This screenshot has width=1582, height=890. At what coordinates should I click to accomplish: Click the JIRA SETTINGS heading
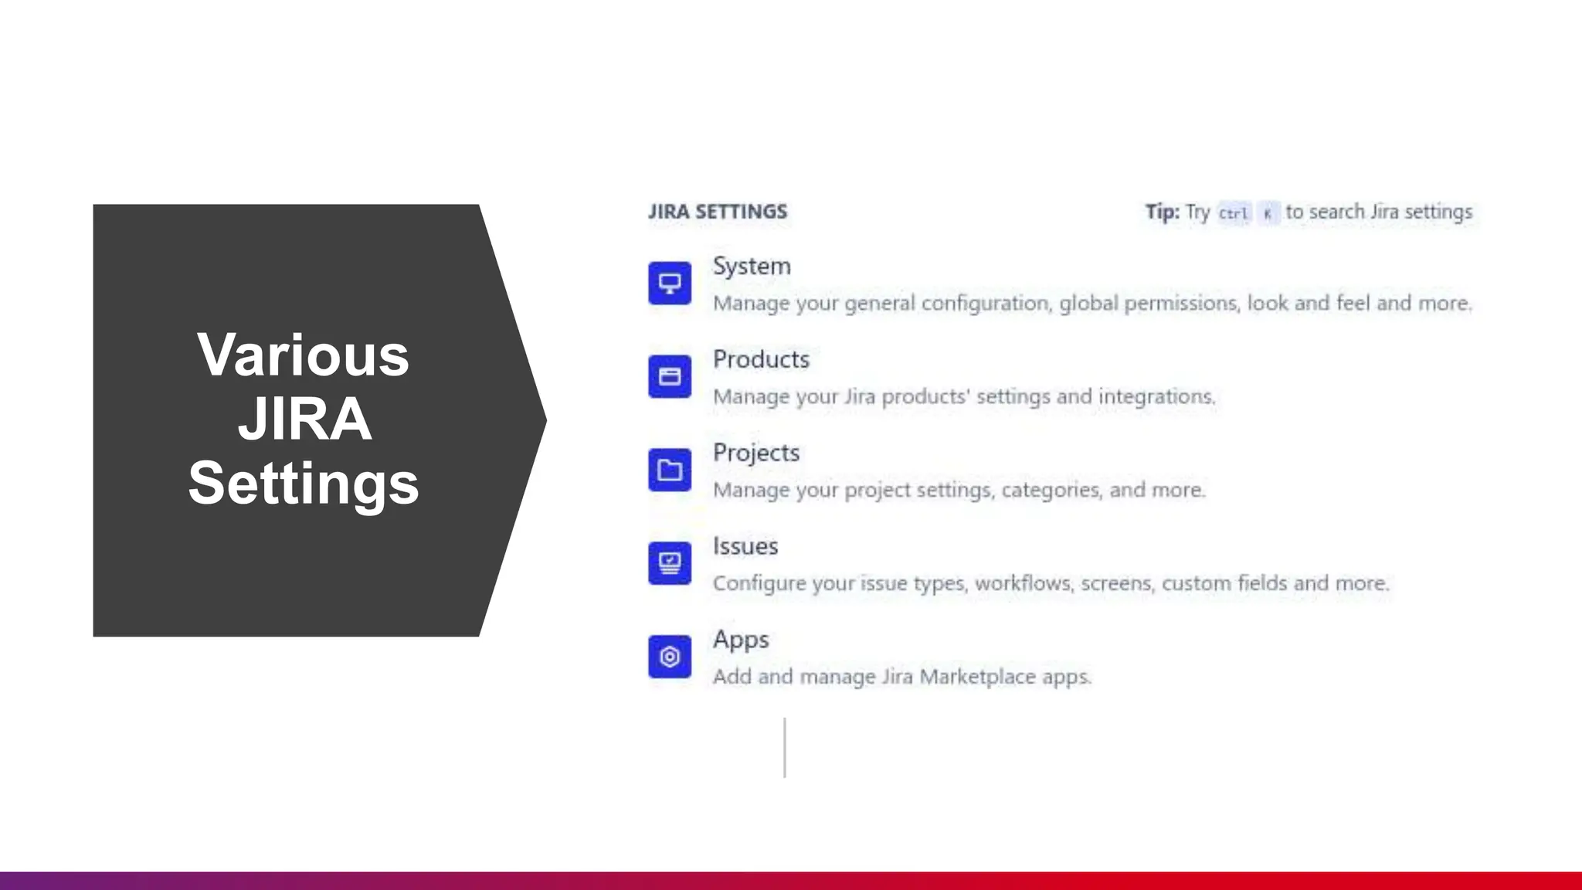pos(718,212)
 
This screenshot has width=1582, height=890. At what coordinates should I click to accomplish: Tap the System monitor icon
pos(670,284)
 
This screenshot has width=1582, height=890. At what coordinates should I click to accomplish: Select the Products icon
pos(670,376)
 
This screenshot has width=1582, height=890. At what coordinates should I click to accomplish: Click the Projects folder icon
pos(670,470)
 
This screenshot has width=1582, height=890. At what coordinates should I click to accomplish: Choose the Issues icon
pos(670,563)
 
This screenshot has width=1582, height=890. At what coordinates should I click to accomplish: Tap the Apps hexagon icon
pos(670,657)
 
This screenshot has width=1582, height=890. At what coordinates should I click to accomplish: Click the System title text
pos(752,266)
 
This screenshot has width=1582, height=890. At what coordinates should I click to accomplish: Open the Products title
pos(761,359)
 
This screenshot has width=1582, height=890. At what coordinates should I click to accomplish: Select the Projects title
pos(756,453)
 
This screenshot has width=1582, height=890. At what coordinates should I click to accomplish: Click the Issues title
pos(745,546)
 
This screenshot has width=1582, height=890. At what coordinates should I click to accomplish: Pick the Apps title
pos(741,640)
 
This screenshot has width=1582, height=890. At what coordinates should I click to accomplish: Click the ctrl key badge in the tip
pos(1234,213)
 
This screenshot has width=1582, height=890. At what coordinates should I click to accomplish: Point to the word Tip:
pos(1162,212)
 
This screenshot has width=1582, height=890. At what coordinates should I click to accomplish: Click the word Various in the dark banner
pos(304,355)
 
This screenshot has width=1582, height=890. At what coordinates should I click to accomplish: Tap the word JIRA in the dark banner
pos(304,420)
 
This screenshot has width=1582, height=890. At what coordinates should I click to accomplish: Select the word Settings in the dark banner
pos(304,484)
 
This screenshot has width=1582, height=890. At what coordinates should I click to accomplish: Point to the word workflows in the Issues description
pos(1024,583)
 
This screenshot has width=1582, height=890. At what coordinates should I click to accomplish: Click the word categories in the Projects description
pos(1051,490)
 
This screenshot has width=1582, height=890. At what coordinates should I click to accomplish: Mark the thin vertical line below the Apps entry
pos(785,747)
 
